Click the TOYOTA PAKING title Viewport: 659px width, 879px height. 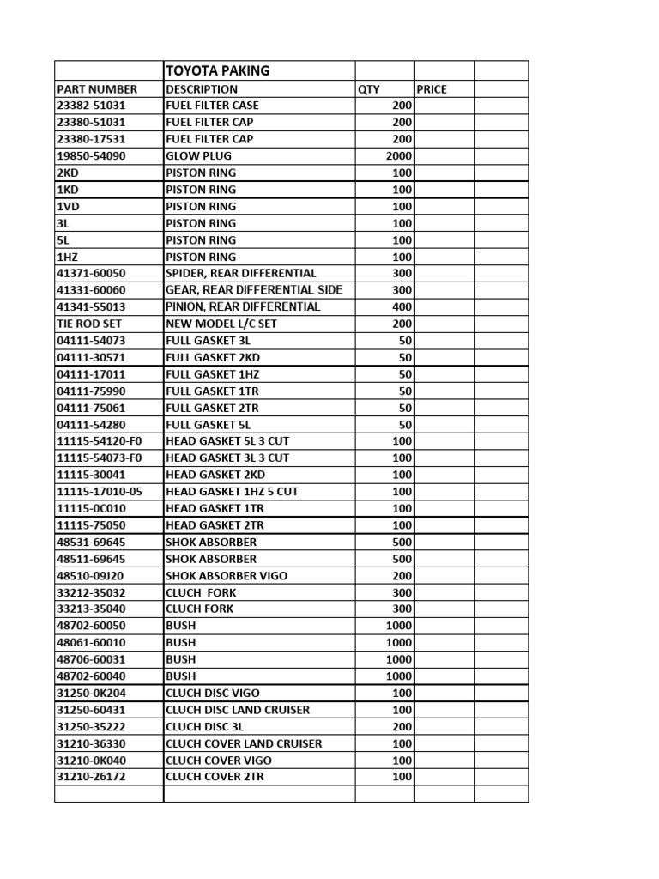(x=217, y=70)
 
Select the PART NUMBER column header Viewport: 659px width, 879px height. (x=97, y=88)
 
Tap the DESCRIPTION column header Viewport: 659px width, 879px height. (x=202, y=88)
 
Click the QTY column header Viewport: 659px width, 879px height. (x=369, y=88)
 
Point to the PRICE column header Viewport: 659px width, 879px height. (x=432, y=88)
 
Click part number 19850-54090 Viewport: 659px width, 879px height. (x=90, y=156)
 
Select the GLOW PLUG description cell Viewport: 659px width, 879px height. (x=198, y=156)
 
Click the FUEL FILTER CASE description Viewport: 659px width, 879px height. (x=212, y=106)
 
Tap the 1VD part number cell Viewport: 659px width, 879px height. (x=68, y=206)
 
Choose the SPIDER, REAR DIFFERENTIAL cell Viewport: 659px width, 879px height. (x=240, y=273)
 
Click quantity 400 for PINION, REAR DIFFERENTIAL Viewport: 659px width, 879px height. (x=402, y=306)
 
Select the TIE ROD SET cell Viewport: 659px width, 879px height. (x=89, y=324)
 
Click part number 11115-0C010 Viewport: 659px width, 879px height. (x=90, y=508)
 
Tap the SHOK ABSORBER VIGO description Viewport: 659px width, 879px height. (x=227, y=576)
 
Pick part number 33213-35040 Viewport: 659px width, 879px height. (x=90, y=609)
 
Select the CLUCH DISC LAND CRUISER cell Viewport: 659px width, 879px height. (x=238, y=710)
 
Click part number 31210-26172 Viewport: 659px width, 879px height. (x=90, y=777)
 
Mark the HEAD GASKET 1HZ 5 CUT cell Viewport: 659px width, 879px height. (x=232, y=492)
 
